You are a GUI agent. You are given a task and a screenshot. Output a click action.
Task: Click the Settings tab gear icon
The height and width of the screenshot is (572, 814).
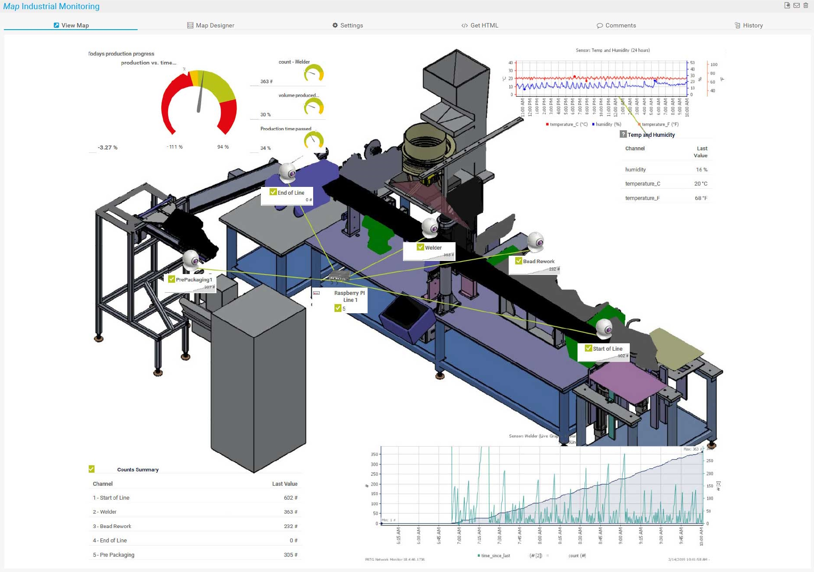pos(335,25)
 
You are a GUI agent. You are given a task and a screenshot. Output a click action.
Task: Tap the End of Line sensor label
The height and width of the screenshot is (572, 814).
pos(290,193)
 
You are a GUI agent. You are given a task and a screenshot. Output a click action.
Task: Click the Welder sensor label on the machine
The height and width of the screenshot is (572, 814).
pos(433,247)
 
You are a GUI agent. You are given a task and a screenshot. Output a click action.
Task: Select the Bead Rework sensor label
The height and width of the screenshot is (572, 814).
pos(538,261)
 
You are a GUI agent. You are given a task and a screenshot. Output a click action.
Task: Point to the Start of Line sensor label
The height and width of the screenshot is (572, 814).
pos(607,349)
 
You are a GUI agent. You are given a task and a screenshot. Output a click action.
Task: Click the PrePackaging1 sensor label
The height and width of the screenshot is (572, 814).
pos(194,280)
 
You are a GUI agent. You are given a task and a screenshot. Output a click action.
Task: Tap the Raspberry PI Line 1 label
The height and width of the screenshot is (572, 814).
pos(350,296)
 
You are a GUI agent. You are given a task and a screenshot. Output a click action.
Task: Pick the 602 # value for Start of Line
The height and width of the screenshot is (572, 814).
pos(290,498)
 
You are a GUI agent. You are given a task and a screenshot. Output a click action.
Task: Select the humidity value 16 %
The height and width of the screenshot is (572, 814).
pos(701,169)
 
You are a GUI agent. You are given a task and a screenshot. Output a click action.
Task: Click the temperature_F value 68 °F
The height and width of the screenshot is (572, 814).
pos(701,198)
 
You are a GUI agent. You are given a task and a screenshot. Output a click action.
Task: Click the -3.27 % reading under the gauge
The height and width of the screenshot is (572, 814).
pos(108,147)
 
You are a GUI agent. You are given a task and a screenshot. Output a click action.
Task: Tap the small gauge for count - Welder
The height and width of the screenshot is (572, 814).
pos(314,73)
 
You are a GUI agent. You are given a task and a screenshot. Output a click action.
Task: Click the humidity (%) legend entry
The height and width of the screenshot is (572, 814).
pos(607,124)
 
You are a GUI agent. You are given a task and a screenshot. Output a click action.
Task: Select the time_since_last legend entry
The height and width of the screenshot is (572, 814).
pos(495,555)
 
